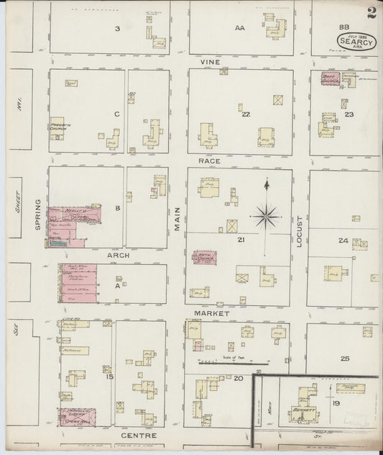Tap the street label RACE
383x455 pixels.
209,161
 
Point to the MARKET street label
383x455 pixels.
211,313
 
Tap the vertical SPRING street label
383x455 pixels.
39,215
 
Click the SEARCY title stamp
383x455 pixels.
355,42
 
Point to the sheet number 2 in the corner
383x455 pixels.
371,12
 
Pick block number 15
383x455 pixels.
109,377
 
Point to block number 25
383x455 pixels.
345,358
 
